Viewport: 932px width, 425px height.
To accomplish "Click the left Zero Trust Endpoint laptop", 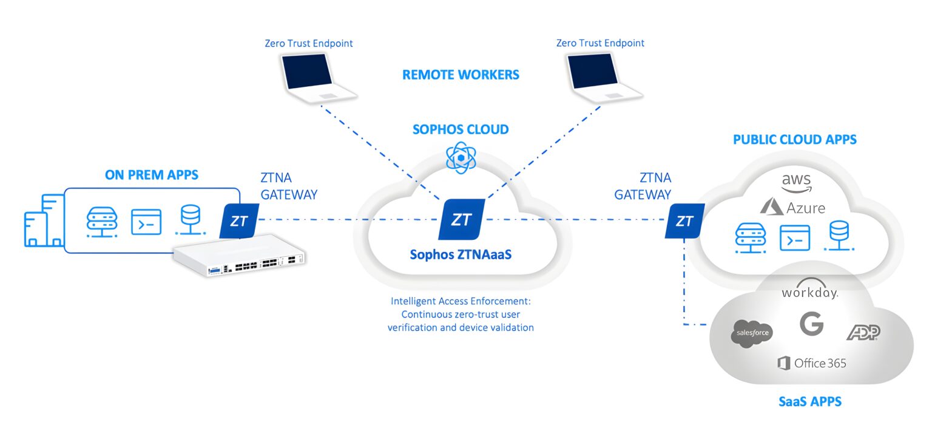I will coord(316,76).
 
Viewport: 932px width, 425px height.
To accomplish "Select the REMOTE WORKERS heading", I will coord(461,75).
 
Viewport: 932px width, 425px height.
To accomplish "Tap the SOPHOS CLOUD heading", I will coord(461,129).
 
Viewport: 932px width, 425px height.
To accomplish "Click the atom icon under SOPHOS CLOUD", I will coord(461,158).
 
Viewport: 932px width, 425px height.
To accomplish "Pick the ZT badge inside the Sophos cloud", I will coord(461,219).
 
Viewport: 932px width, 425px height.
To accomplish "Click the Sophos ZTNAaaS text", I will coord(461,254).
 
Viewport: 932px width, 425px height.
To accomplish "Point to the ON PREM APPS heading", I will coord(152,175).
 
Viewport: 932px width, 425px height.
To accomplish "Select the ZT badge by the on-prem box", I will coord(239,220).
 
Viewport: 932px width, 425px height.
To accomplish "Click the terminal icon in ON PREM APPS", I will coord(146,222).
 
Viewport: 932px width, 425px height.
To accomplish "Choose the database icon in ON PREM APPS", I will coord(190,220).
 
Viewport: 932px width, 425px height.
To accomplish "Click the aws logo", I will coord(795,182).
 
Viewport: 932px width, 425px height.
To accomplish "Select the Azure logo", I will coord(792,207).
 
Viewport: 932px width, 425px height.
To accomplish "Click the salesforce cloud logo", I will coord(752,333).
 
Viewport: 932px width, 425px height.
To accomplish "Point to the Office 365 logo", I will coord(811,363).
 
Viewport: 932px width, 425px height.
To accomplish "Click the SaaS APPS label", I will coord(810,401).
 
